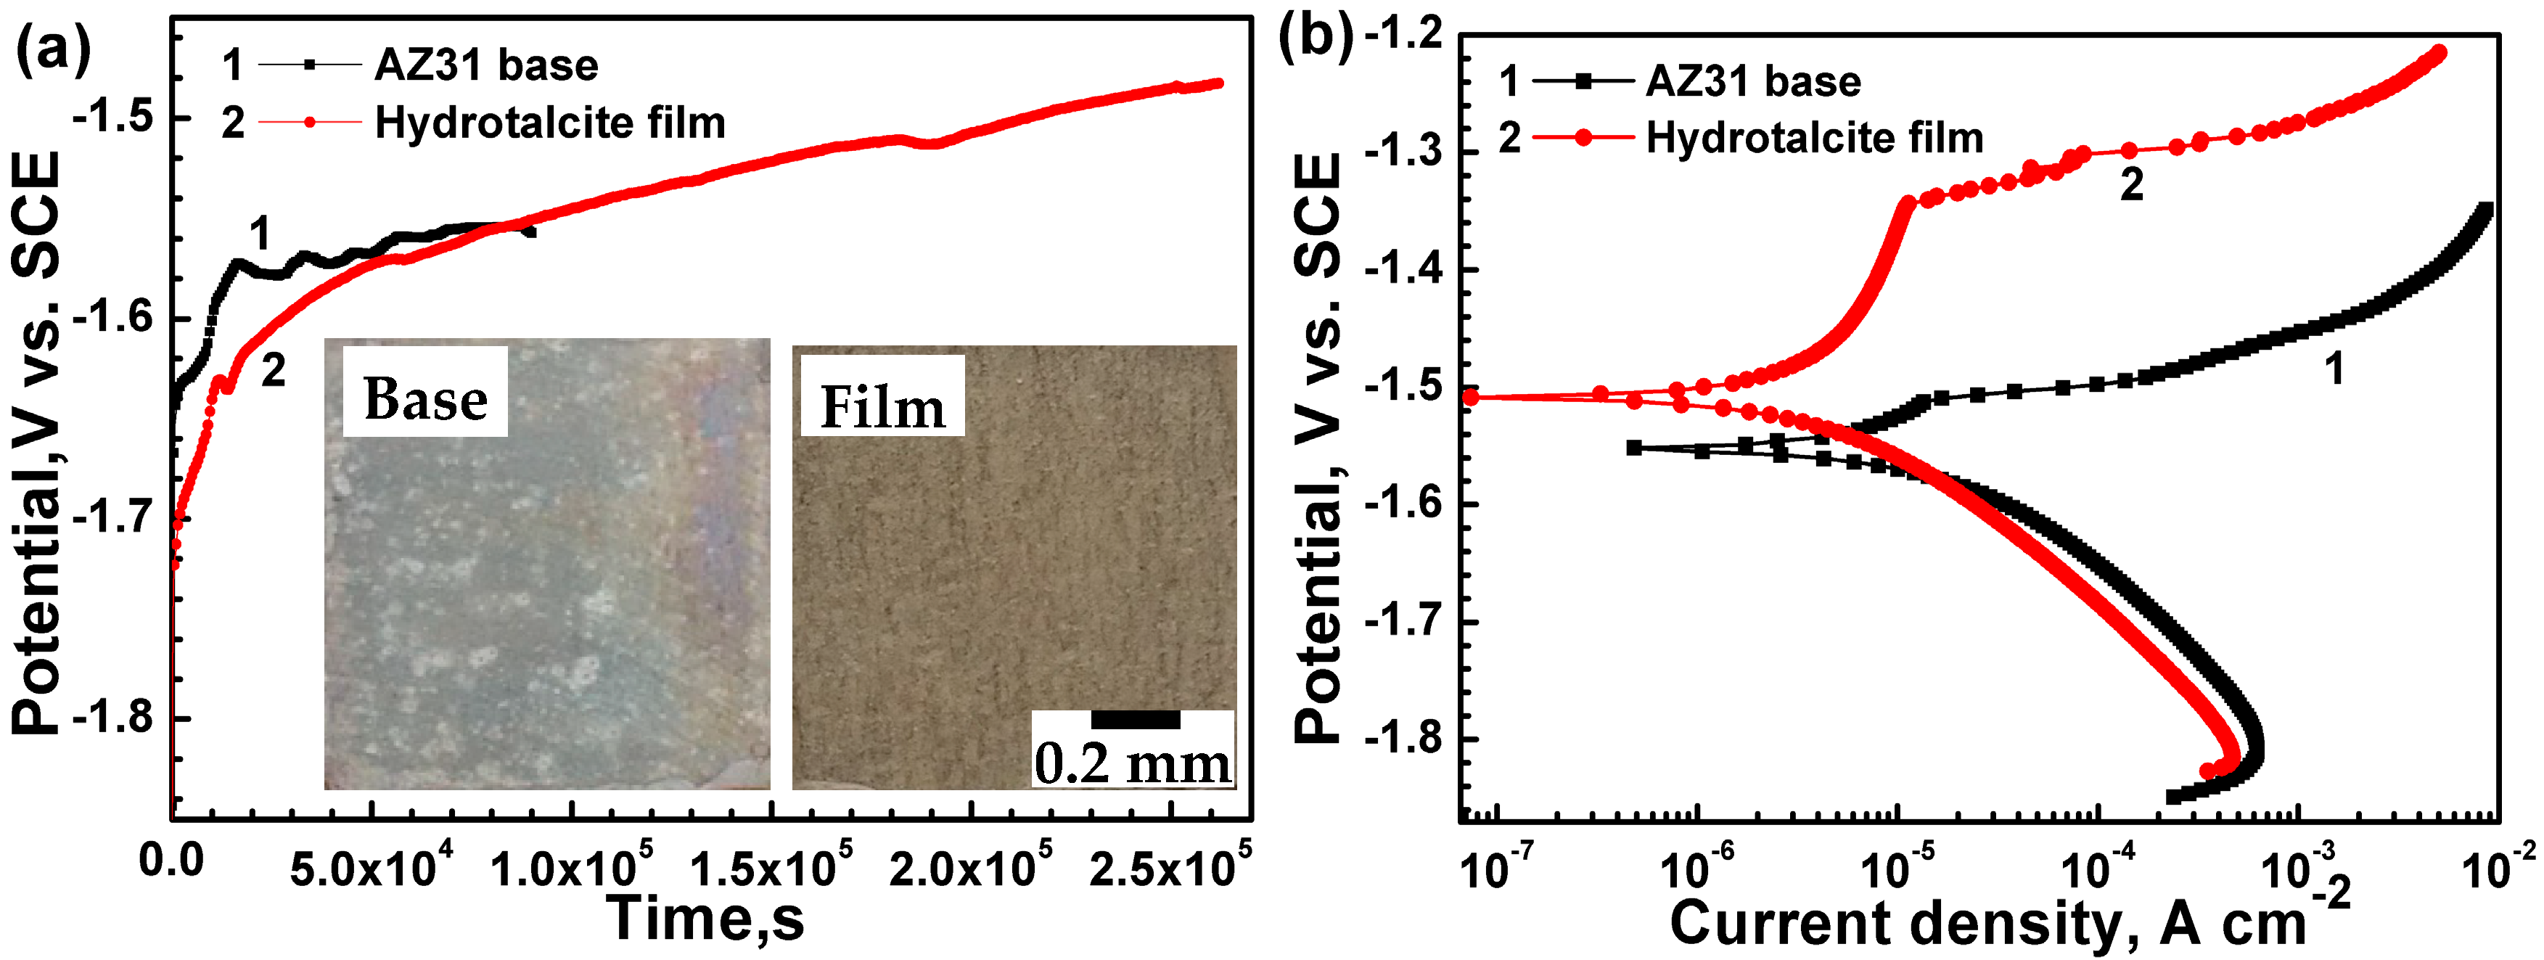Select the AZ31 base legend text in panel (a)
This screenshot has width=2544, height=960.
[486, 65]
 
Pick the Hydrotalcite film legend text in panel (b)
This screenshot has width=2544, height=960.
[1814, 137]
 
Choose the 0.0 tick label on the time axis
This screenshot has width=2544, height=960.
[171, 861]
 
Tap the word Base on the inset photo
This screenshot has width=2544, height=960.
[426, 400]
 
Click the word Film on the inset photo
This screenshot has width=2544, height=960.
[882, 407]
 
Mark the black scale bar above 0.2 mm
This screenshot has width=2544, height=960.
[1135, 719]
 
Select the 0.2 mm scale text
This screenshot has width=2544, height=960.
[1133, 763]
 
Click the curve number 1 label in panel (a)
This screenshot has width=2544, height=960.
[259, 235]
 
